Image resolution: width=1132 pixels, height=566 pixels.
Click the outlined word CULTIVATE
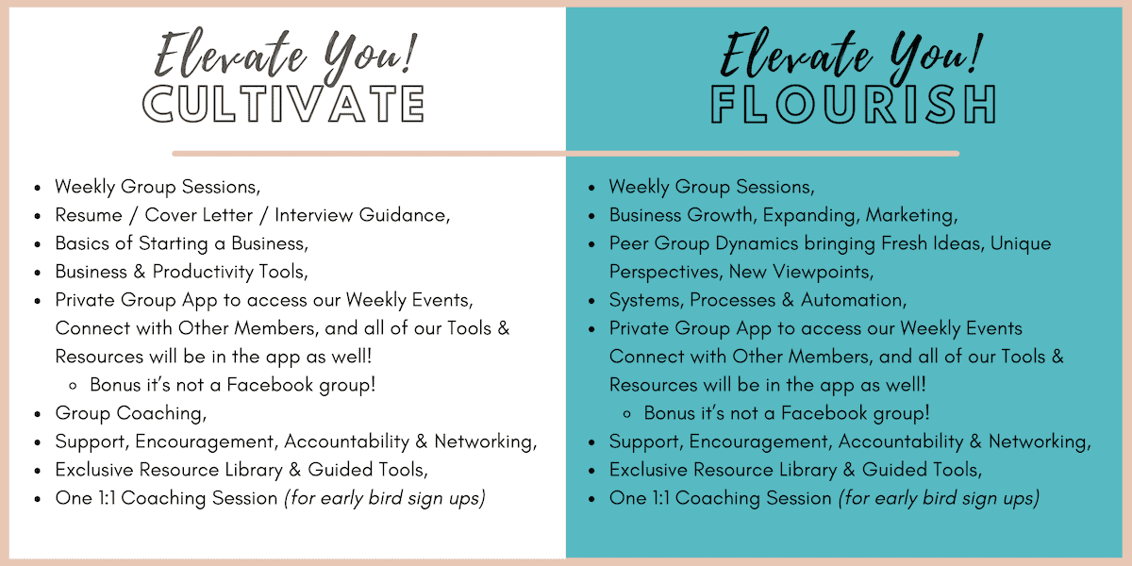pos(283,104)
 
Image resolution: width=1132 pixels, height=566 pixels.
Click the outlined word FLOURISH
pos(853,104)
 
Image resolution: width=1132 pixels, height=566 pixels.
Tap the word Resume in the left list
pos(89,215)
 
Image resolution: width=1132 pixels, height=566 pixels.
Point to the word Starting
pos(173,244)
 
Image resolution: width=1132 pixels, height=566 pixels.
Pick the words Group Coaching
pos(129,414)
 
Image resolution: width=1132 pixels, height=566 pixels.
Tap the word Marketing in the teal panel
pos(909,216)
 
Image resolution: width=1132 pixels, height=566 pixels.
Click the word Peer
pos(628,243)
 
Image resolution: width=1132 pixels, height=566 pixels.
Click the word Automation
pos(852,300)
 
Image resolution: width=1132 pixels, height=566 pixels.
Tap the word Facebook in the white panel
pos(270,385)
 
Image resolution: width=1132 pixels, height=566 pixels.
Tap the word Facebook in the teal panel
pos(824,413)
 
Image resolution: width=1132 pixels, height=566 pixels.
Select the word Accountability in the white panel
pos(347,442)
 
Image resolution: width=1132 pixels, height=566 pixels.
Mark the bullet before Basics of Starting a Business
pos(38,244)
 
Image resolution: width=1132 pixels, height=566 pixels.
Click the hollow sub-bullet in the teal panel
pos(626,414)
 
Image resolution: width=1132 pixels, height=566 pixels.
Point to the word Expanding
pos(809,216)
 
